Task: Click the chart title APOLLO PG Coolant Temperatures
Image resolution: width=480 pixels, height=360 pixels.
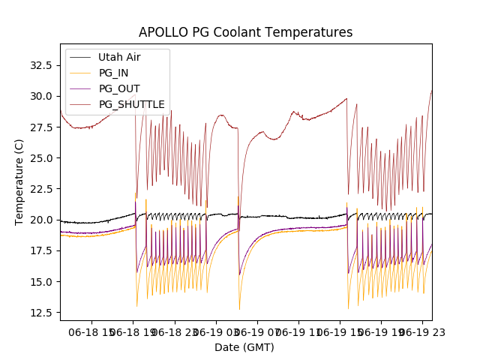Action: point(245,32)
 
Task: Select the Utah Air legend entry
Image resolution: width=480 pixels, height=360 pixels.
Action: point(119,57)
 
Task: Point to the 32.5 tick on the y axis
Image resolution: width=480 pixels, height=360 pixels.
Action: point(40,65)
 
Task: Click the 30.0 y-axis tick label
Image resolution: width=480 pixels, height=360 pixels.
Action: point(40,96)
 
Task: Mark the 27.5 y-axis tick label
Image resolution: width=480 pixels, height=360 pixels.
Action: point(40,127)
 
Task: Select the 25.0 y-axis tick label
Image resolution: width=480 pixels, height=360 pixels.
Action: point(40,158)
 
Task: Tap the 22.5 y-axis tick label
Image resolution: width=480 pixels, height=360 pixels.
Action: point(40,189)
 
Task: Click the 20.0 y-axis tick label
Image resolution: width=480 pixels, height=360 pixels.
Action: point(40,220)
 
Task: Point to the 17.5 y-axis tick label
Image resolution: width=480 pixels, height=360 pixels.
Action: point(40,250)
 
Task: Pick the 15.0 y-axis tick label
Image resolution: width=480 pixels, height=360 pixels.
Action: point(40,281)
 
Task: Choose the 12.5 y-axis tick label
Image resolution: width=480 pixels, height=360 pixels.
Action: point(40,313)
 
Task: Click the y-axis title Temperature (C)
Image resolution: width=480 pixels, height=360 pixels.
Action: point(19,182)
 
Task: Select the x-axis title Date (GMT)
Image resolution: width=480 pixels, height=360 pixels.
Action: point(244,347)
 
